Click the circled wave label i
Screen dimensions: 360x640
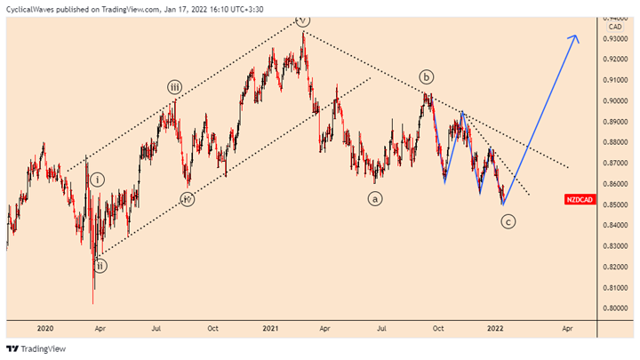(x=98, y=180)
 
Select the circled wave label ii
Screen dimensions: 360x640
(x=100, y=266)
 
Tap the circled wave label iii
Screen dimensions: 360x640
(x=175, y=87)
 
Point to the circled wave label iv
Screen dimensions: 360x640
(x=187, y=199)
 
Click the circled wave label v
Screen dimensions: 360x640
(x=303, y=20)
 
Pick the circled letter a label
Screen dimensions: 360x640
(x=376, y=199)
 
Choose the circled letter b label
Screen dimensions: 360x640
(x=427, y=76)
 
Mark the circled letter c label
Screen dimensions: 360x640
(x=508, y=222)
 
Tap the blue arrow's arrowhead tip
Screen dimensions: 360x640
(x=576, y=35)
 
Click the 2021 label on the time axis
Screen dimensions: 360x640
(x=271, y=327)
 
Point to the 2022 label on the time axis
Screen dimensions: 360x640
(x=496, y=327)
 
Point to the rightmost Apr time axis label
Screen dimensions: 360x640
(x=566, y=327)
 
